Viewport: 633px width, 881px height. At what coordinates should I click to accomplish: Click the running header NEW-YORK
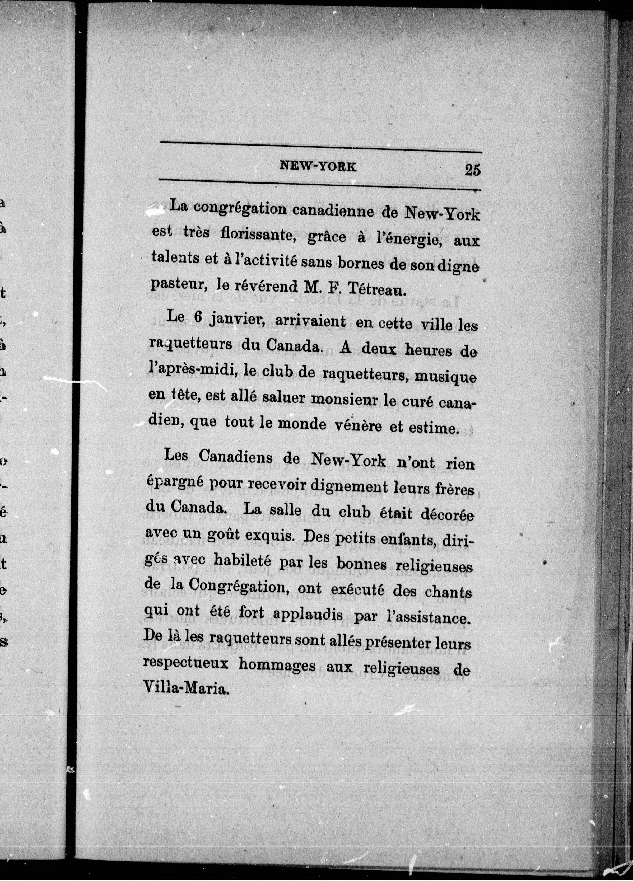[318, 167]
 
